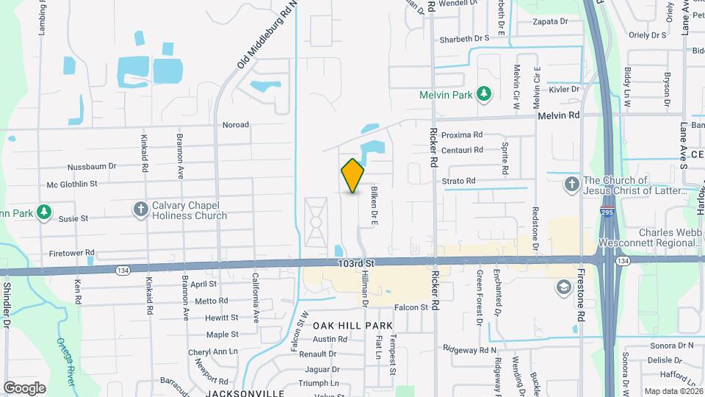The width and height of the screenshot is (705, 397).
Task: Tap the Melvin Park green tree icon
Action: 483,93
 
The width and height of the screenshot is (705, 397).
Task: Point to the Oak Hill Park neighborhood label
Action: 352,325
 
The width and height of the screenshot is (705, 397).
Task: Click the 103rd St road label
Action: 357,262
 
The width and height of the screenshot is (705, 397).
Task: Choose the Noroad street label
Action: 236,125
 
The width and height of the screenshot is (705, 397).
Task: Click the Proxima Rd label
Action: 462,135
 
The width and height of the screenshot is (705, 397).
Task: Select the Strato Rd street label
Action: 459,181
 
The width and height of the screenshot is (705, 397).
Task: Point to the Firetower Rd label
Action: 71,253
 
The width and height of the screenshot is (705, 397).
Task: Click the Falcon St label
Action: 411,307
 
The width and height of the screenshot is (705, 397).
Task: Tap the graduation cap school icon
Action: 563,286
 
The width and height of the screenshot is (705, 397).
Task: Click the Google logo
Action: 24,387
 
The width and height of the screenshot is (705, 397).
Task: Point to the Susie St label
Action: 73,218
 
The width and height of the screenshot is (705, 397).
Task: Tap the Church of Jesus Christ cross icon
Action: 572,184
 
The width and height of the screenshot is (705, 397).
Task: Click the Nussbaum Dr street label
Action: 92,167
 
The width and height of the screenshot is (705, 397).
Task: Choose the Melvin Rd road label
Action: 558,115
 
